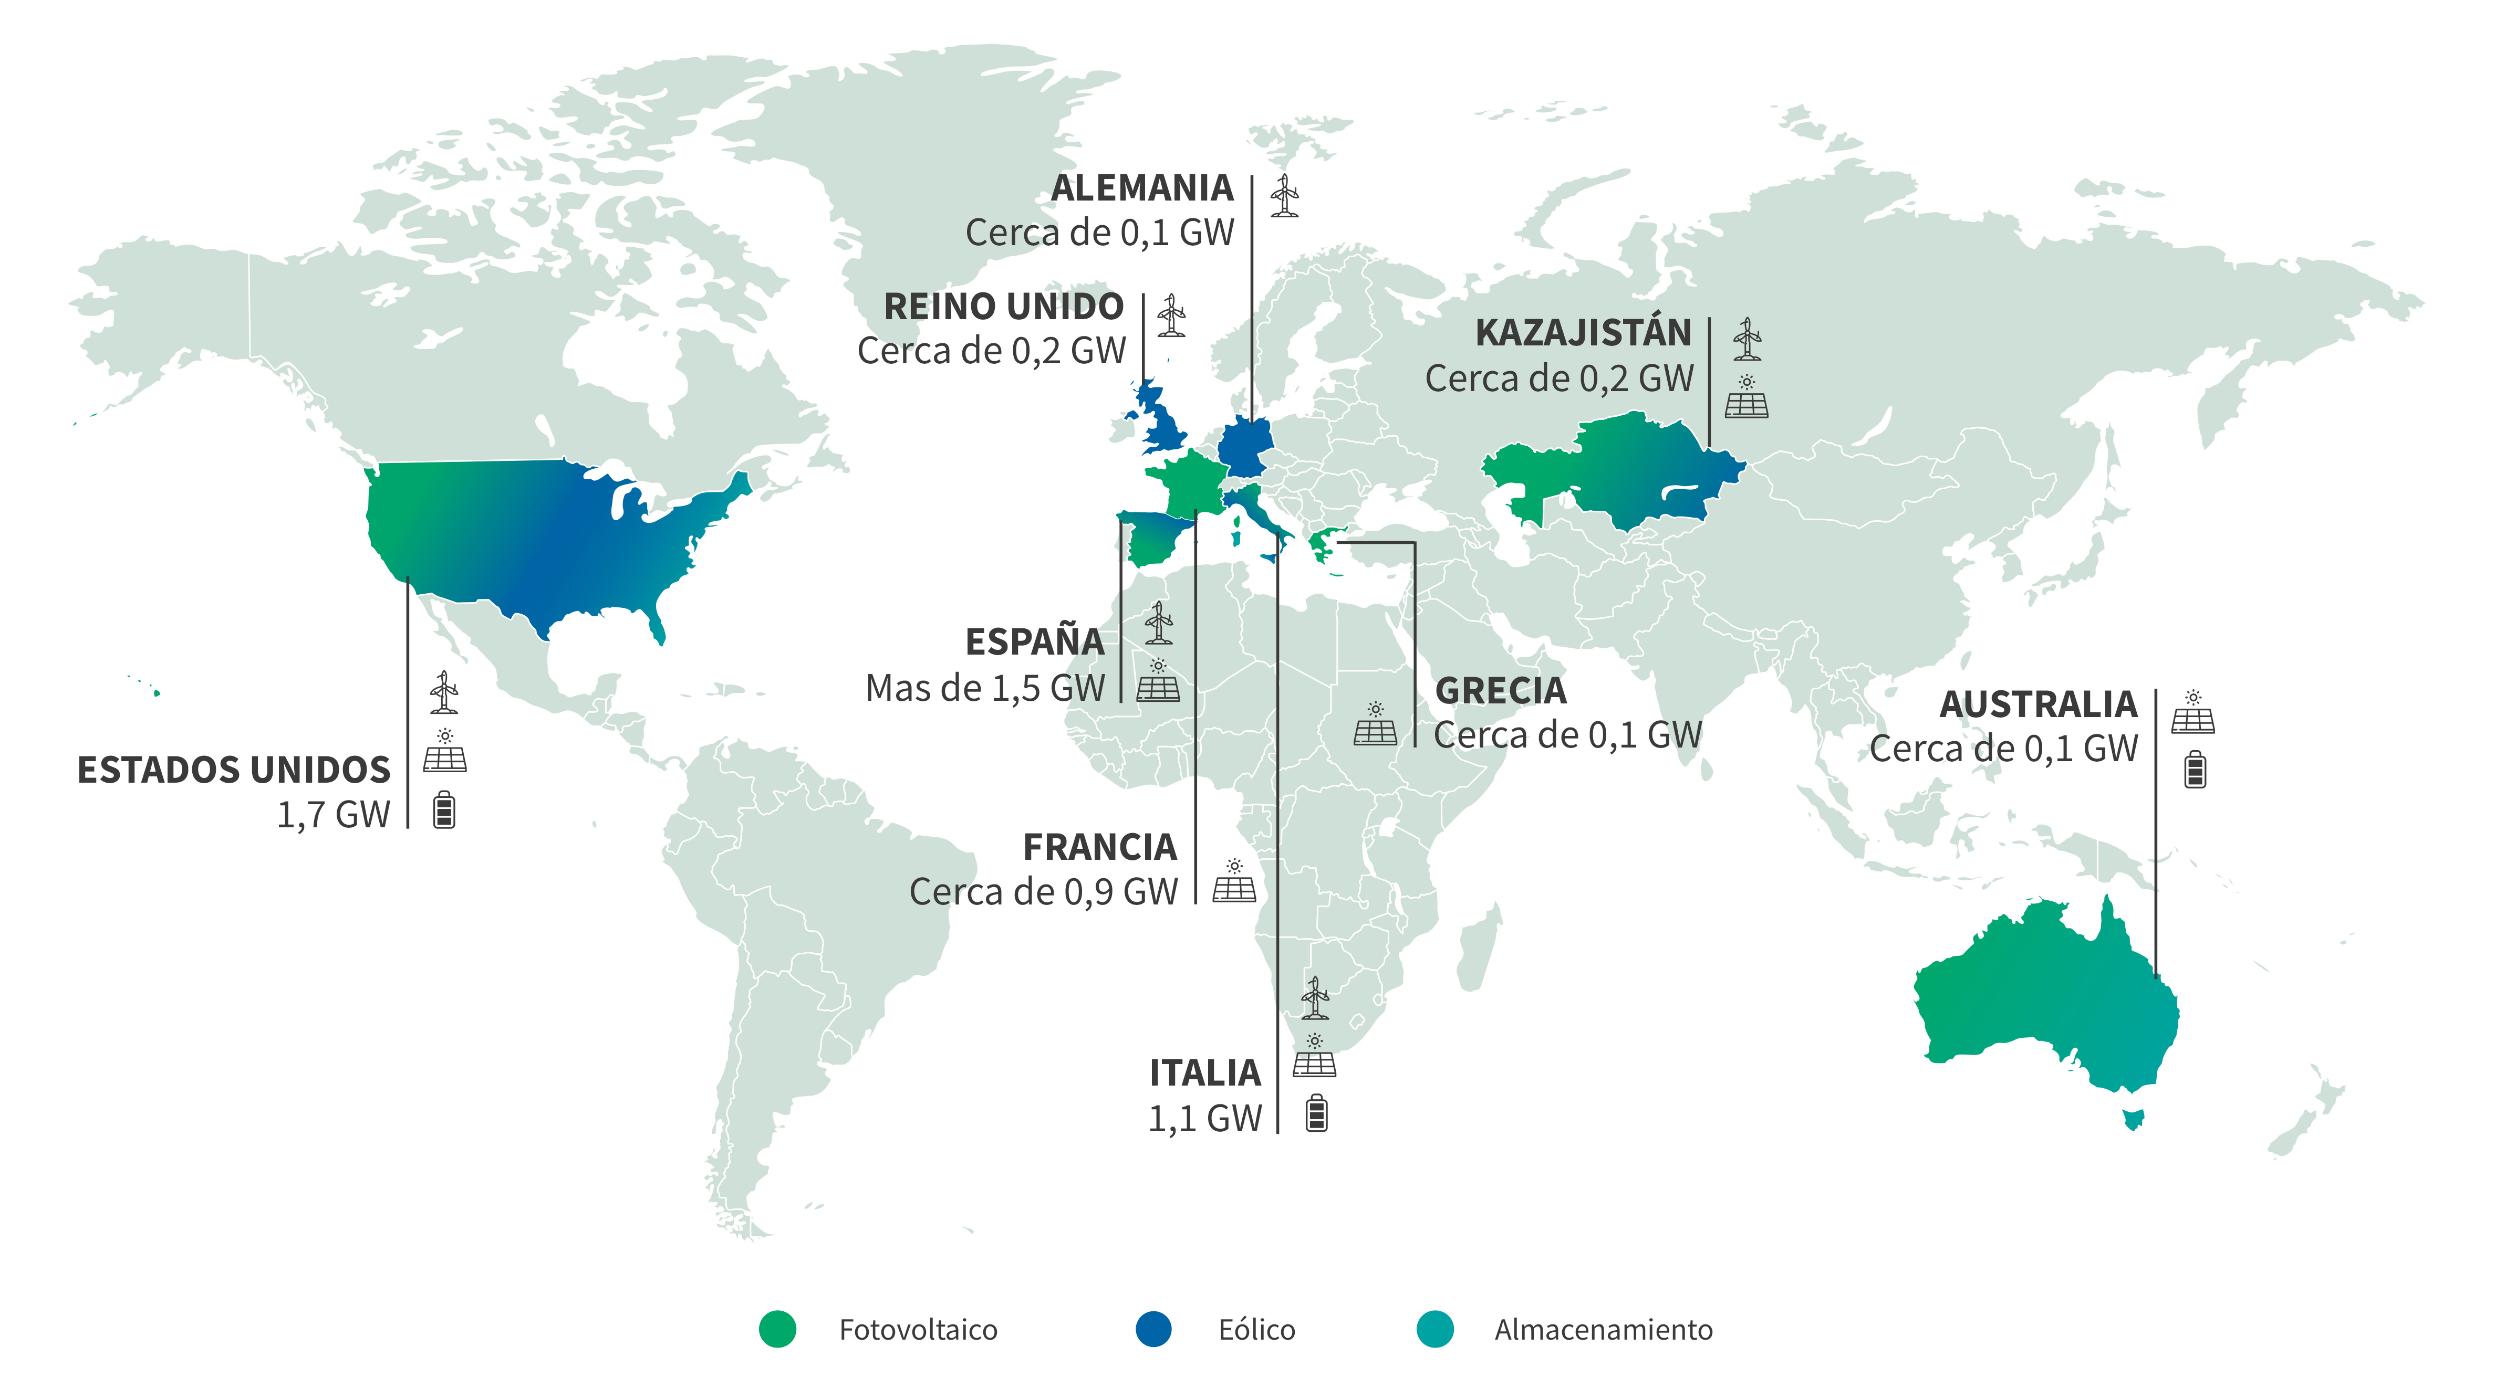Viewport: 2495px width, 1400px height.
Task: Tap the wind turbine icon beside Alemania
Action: (1284, 196)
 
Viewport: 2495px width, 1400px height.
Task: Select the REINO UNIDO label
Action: (1003, 307)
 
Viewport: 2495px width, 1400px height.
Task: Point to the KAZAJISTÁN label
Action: (1583, 333)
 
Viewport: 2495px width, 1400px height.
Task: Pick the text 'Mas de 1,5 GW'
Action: (985, 688)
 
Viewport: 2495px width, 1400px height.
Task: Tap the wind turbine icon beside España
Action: (1158, 624)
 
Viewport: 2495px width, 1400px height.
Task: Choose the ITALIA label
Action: (1205, 1073)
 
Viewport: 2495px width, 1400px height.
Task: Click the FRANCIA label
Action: (1100, 847)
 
